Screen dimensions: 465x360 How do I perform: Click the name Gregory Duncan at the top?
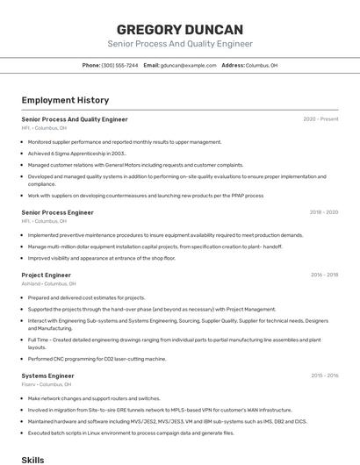(180, 29)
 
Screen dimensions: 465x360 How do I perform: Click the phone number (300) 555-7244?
(119, 66)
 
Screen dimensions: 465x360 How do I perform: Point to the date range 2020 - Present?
(320, 119)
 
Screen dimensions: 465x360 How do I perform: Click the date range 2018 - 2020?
(323, 212)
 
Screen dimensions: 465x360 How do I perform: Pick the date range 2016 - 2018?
(324, 275)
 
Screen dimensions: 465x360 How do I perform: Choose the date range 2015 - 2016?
(324, 376)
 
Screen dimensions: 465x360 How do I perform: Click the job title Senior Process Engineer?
(57, 212)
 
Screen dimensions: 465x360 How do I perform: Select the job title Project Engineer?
(46, 275)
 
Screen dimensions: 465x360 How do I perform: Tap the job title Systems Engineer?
(47, 376)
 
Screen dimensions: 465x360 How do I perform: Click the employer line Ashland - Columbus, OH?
(48, 284)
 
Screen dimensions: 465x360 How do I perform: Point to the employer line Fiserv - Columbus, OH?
(46, 384)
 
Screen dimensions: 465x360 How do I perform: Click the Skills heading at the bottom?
(32, 459)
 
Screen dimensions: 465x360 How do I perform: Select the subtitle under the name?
(180, 44)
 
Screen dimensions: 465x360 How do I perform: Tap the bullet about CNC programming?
(97, 359)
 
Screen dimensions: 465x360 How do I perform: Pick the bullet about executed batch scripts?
(131, 433)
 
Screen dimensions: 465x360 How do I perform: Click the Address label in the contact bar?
(233, 66)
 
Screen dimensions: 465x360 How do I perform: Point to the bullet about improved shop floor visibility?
(102, 258)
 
